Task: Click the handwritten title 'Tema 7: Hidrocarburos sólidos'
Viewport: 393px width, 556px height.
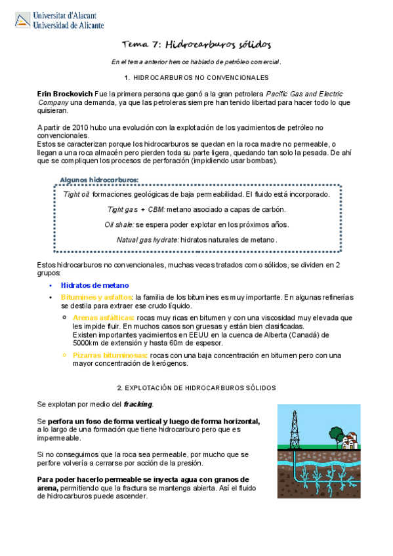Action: tap(196, 44)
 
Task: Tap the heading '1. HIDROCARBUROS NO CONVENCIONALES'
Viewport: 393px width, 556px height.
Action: tap(196, 77)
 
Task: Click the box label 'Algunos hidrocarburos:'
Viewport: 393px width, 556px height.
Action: tap(99, 179)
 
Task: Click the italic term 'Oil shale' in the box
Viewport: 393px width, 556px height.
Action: tap(119, 224)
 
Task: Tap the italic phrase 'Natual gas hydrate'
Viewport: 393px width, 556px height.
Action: tap(147, 239)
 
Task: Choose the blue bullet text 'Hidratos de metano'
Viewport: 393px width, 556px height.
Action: tap(95, 285)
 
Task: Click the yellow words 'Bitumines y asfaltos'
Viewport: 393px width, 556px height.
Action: tap(96, 297)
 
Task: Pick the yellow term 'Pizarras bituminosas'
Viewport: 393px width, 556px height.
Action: tap(110, 355)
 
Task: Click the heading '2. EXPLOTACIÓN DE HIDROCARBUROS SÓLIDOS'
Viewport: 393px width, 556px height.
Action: tap(196, 389)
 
